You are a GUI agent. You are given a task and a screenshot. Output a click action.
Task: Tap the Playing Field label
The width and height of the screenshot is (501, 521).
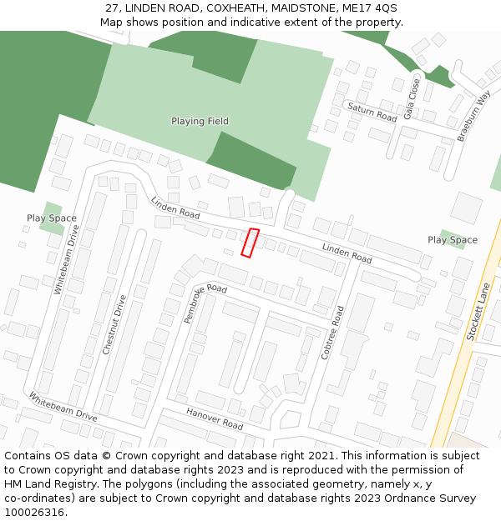[x=200, y=122]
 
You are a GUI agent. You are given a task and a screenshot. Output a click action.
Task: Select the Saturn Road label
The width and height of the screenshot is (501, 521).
[x=372, y=113]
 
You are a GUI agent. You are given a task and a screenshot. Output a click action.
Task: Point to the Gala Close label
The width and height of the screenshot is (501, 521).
[x=411, y=99]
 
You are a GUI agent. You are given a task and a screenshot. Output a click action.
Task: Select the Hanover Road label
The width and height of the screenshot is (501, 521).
[x=215, y=419]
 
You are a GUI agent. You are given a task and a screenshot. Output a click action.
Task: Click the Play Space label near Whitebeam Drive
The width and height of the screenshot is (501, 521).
[x=52, y=218]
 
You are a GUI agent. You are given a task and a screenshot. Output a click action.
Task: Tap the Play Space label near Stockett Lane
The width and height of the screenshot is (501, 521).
[x=453, y=240]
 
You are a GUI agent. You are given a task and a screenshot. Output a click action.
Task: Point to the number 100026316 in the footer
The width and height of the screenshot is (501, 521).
[x=36, y=513]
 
